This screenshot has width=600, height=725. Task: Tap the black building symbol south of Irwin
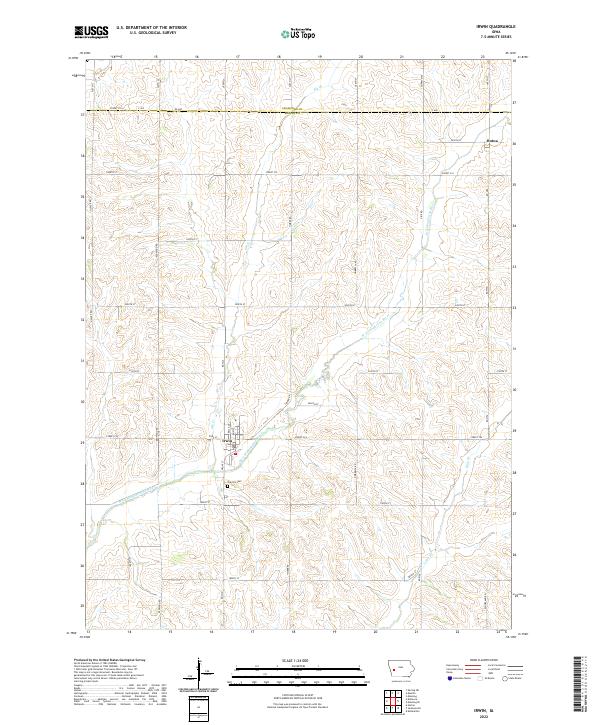(x=227, y=486)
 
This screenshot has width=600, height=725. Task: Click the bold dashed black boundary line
(x=300, y=111)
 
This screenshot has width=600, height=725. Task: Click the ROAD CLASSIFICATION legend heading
(x=477, y=662)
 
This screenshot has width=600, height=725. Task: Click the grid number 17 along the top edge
(x=237, y=59)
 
